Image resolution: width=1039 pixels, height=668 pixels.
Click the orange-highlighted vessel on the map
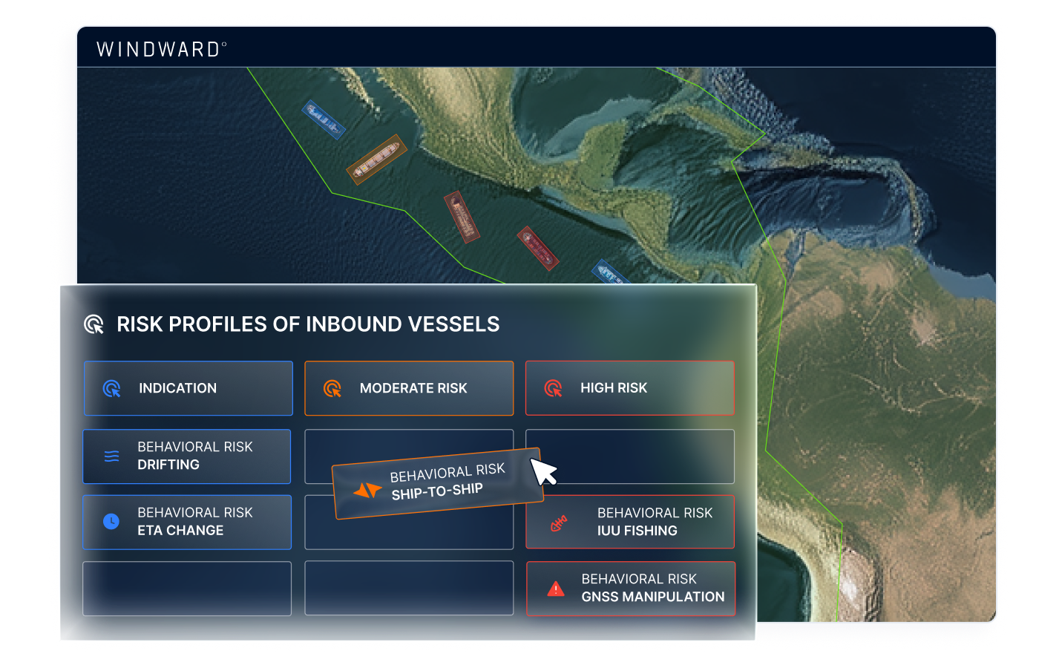[376, 159]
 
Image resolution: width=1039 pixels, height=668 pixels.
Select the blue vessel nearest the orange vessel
[324, 119]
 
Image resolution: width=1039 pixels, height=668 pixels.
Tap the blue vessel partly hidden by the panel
[610, 272]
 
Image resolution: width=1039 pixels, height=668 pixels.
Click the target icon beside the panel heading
[94, 324]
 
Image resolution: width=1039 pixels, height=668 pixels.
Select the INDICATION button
[189, 388]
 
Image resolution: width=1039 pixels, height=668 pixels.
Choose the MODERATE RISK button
[409, 388]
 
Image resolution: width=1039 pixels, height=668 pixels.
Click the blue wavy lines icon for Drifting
[112, 456]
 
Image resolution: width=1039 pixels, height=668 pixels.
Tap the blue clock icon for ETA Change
[111, 521]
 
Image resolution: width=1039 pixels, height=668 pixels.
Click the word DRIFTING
[168, 465]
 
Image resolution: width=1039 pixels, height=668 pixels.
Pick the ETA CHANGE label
[180, 530]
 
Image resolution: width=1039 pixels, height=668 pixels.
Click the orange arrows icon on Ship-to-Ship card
[367, 490]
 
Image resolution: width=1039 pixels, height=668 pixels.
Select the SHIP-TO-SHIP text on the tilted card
[437, 491]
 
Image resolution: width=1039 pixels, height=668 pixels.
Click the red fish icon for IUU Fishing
[558, 523]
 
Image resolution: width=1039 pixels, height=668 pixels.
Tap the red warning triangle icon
[556, 589]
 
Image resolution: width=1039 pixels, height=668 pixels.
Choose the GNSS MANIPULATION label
[653, 597]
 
